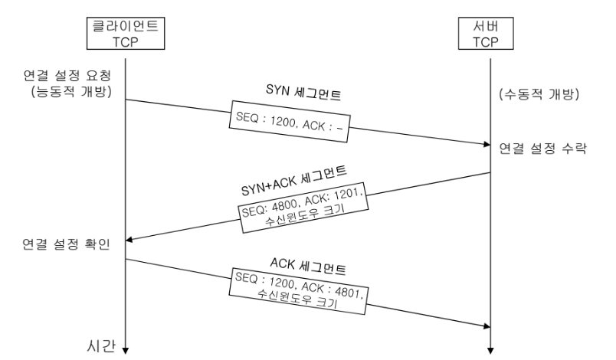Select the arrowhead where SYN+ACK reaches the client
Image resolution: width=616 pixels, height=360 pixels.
pos(129,241)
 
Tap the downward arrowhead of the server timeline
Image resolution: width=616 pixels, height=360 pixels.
pos(490,346)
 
